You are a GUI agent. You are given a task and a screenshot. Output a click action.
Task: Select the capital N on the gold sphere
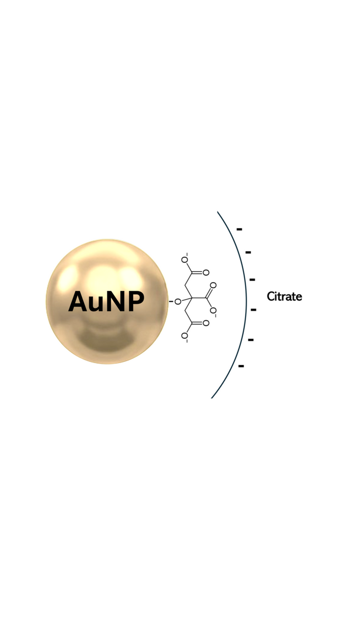click(x=116, y=301)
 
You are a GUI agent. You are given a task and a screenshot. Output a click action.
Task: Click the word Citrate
click(x=284, y=296)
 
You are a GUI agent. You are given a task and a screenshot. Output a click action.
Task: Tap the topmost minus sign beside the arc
click(x=240, y=229)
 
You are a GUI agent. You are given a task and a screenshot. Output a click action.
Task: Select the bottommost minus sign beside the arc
click(x=241, y=366)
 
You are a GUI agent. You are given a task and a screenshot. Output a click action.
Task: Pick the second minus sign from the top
click(x=248, y=252)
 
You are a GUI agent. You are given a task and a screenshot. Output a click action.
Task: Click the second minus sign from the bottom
click(x=251, y=340)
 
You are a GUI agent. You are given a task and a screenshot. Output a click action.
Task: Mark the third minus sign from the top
click(x=252, y=280)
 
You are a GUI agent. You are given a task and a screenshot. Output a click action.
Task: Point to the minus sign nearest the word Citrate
click(x=253, y=310)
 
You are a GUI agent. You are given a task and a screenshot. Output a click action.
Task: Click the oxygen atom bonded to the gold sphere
click(x=178, y=301)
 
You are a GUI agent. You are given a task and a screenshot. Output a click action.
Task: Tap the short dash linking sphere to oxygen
click(x=171, y=301)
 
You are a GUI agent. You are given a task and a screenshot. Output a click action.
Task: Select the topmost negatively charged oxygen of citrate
click(x=184, y=260)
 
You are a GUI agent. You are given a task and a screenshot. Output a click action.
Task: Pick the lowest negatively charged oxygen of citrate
click(x=184, y=336)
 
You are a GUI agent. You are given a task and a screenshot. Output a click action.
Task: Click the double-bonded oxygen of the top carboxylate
click(x=206, y=273)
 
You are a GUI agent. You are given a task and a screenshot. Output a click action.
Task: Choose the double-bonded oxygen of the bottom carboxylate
click(x=206, y=323)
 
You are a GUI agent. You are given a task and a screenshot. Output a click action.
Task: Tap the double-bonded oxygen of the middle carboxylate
click(x=213, y=285)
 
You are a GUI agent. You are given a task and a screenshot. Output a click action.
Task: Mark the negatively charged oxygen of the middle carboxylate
click(x=213, y=310)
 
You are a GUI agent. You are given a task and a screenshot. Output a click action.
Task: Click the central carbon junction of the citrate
click(x=192, y=298)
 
